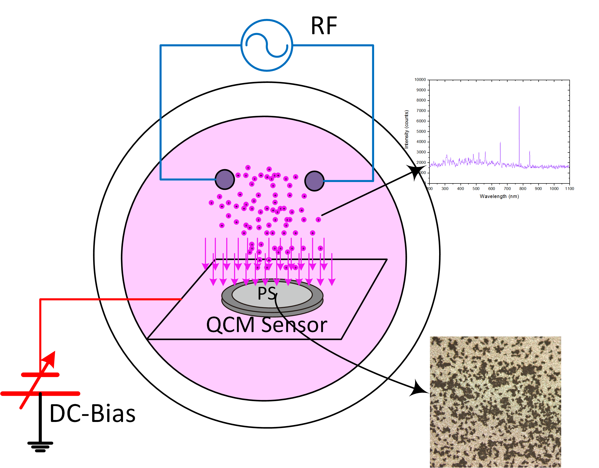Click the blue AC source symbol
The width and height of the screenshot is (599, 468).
(267, 45)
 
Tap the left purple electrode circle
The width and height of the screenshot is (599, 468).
(225, 180)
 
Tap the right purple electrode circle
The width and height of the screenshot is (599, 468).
(314, 181)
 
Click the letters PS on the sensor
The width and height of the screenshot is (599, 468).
(267, 293)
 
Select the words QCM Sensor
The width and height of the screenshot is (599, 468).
(267, 325)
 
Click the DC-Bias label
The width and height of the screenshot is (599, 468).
(92, 413)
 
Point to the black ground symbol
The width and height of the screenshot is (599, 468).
(40, 447)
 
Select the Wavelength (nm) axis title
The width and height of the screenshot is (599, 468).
(499, 196)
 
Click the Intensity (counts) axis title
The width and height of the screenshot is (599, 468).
(406, 129)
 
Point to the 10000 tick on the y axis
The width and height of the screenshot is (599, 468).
(420, 80)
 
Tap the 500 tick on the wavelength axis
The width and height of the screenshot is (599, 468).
(476, 189)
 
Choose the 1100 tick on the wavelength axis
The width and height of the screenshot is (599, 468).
(569, 189)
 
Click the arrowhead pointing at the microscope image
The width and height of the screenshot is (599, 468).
(419, 389)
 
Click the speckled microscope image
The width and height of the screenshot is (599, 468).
(495, 402)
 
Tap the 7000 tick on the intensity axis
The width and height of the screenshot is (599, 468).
(421, 111)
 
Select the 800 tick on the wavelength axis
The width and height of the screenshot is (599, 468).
(523, 189)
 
